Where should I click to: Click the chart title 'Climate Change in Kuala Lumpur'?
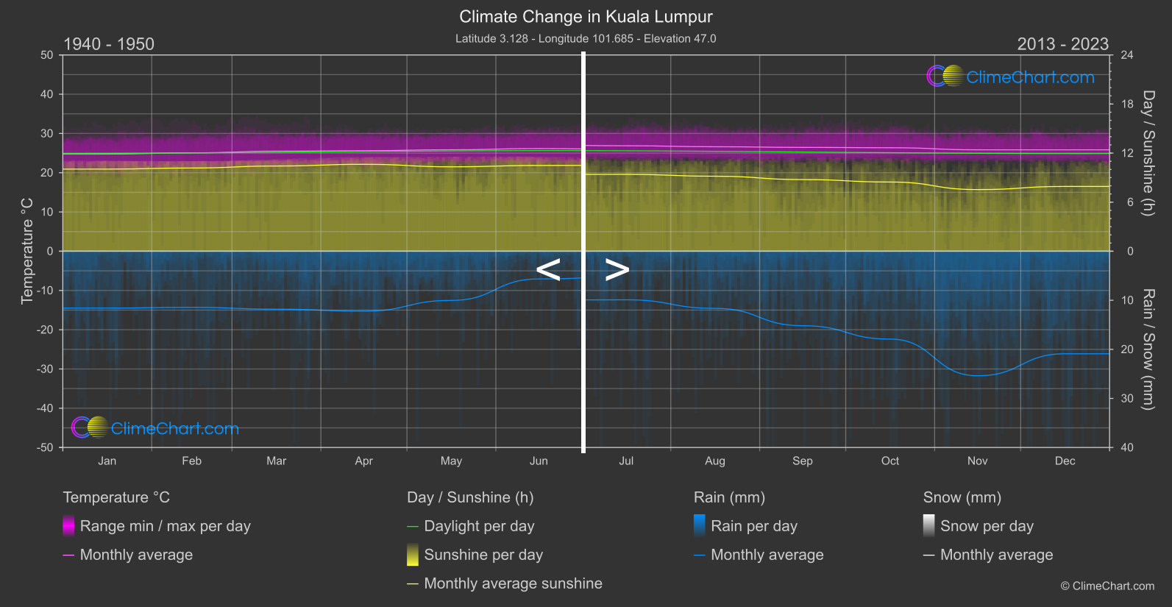tap(586, 16)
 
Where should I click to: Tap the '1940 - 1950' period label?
tap(109, 44)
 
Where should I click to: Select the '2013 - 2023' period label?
tap(1062, 44)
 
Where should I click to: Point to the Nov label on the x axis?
tap(977, 461)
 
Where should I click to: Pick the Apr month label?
tap(363, 461)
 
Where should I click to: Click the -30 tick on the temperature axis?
tap(45, 369)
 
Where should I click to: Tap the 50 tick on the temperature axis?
tap(47, 55)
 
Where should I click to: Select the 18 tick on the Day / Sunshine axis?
tap(1126, 104)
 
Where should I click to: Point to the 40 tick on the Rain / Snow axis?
tap(1126, 447)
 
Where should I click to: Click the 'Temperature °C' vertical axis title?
tap(27, 250)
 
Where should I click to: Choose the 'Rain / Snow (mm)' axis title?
tap(1148, 349)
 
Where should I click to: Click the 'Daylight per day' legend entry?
tap(479, 526)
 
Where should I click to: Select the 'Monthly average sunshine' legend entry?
tap(513, 583)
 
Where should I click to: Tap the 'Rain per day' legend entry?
tap(753, 526)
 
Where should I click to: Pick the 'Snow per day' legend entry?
tap(986, 526)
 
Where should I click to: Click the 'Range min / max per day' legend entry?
tap(165, 526)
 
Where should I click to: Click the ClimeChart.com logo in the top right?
tap(1011, 77)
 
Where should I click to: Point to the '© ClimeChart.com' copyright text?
tap(1107, 586)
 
